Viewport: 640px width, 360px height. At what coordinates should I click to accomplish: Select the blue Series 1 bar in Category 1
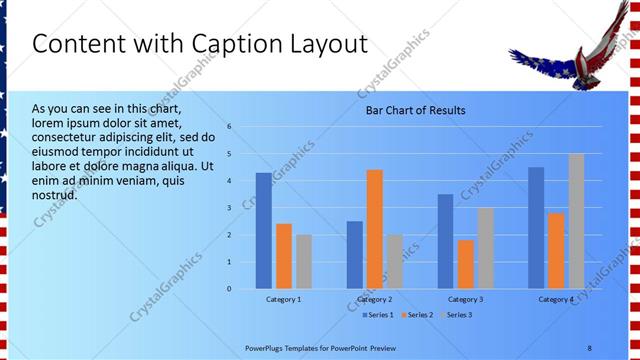pyautogui.click(x=263, y=231)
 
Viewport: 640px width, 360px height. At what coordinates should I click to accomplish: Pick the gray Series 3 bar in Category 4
pyautogui.click(x=576, y=221)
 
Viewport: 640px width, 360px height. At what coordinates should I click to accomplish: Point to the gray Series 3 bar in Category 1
pyautogui.click(x=304, y=261)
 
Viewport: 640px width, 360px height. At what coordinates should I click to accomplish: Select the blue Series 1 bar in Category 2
pyautogui.click(x=354, y=255)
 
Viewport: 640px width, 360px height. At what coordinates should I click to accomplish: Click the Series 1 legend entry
pyautogui.click(x=376, y=315)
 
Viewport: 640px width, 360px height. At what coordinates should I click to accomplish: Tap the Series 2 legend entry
pyautogui.click(x=417, y=315)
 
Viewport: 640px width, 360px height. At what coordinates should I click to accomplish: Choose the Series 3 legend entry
pyautogui.click(x=456, y=315)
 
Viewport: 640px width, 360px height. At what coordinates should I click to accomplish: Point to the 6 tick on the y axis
pyautogui.click(x=229, y=127)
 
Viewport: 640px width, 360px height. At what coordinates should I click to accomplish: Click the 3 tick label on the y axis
pyautogui.click(x=229, y=208)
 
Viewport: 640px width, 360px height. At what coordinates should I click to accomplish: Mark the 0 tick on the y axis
pyautogui.click(x=229, y=289)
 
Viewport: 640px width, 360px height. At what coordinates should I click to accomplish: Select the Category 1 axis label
pyautogui.click(x=283, y=299)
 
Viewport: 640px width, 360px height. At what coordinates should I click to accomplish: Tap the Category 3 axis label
pyautogui.click(x=465, y=299)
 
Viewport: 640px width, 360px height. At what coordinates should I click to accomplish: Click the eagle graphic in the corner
pyautogui.click(x=566, y=58)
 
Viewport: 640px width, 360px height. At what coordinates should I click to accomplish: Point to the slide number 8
pyautogui.click(x=590, y=347)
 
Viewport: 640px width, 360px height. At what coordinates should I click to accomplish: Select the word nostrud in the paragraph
pyautogui.click(x=54, y=194)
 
